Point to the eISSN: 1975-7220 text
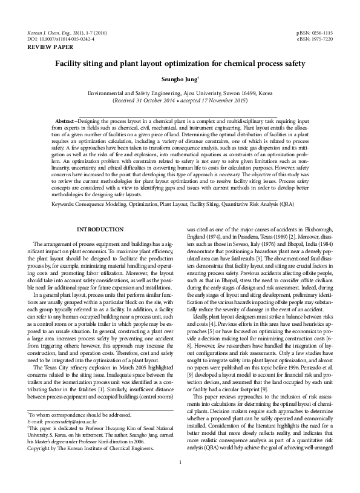[x=315, y=38]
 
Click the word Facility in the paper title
[x=69, y=62]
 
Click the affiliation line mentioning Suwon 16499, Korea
[x=180, y=93]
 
